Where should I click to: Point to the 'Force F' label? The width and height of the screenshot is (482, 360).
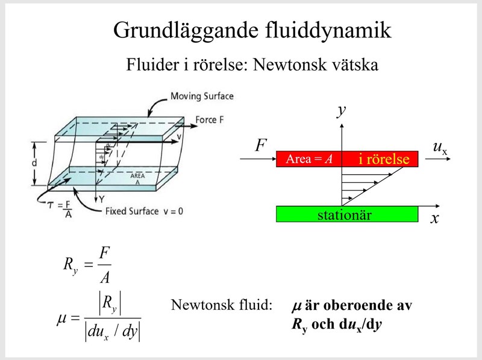tap(210, 120)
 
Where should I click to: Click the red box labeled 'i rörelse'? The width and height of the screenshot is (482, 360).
tap(346, 159)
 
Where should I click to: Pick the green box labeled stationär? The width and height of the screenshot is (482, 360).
tap(346, 214)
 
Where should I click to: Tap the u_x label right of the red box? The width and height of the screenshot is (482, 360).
tap(440, 148)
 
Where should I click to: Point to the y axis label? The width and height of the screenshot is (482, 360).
tap(342, 110)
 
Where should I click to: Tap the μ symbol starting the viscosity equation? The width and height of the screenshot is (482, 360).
tap(61, 316)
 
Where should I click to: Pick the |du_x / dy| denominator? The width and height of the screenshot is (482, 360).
tap(113, 332)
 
